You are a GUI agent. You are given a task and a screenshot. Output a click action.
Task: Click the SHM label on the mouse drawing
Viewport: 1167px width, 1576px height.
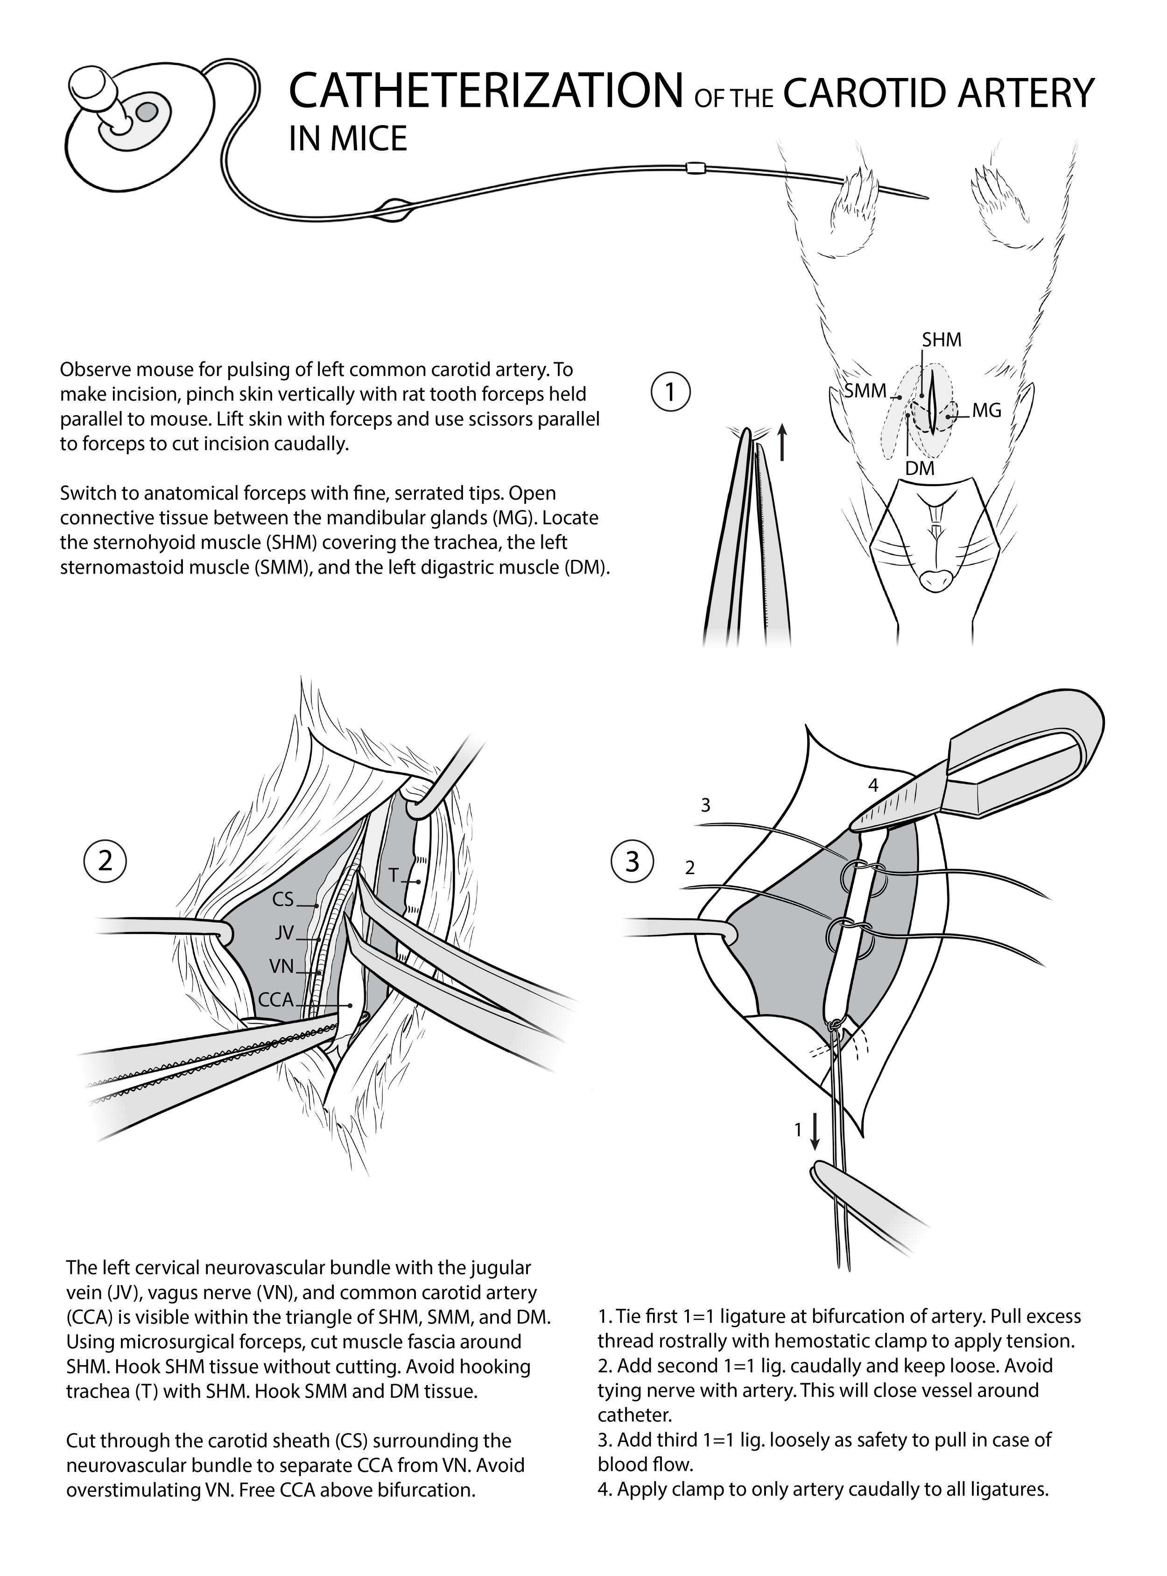(942, 340)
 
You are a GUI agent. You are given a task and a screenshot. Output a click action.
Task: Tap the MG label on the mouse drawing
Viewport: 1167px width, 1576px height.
(986, 410)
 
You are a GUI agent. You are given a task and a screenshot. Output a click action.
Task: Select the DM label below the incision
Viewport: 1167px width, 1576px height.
(920, 468)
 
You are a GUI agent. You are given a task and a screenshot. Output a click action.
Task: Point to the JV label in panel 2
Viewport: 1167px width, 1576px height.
(284, 933)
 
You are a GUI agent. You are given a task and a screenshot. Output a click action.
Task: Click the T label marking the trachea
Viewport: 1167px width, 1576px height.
(394, 875)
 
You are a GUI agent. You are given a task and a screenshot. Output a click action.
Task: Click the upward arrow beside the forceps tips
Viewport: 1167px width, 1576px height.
(782, 442)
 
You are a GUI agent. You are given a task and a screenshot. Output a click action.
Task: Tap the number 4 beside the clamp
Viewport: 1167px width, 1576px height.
(873, 785)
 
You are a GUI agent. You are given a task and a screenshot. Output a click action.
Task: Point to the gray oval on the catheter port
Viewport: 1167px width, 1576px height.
(147, 111)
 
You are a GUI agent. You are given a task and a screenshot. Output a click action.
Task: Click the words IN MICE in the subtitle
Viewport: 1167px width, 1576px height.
(348, 139)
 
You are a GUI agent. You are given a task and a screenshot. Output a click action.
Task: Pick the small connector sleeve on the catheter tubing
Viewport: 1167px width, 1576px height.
(696, 168)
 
